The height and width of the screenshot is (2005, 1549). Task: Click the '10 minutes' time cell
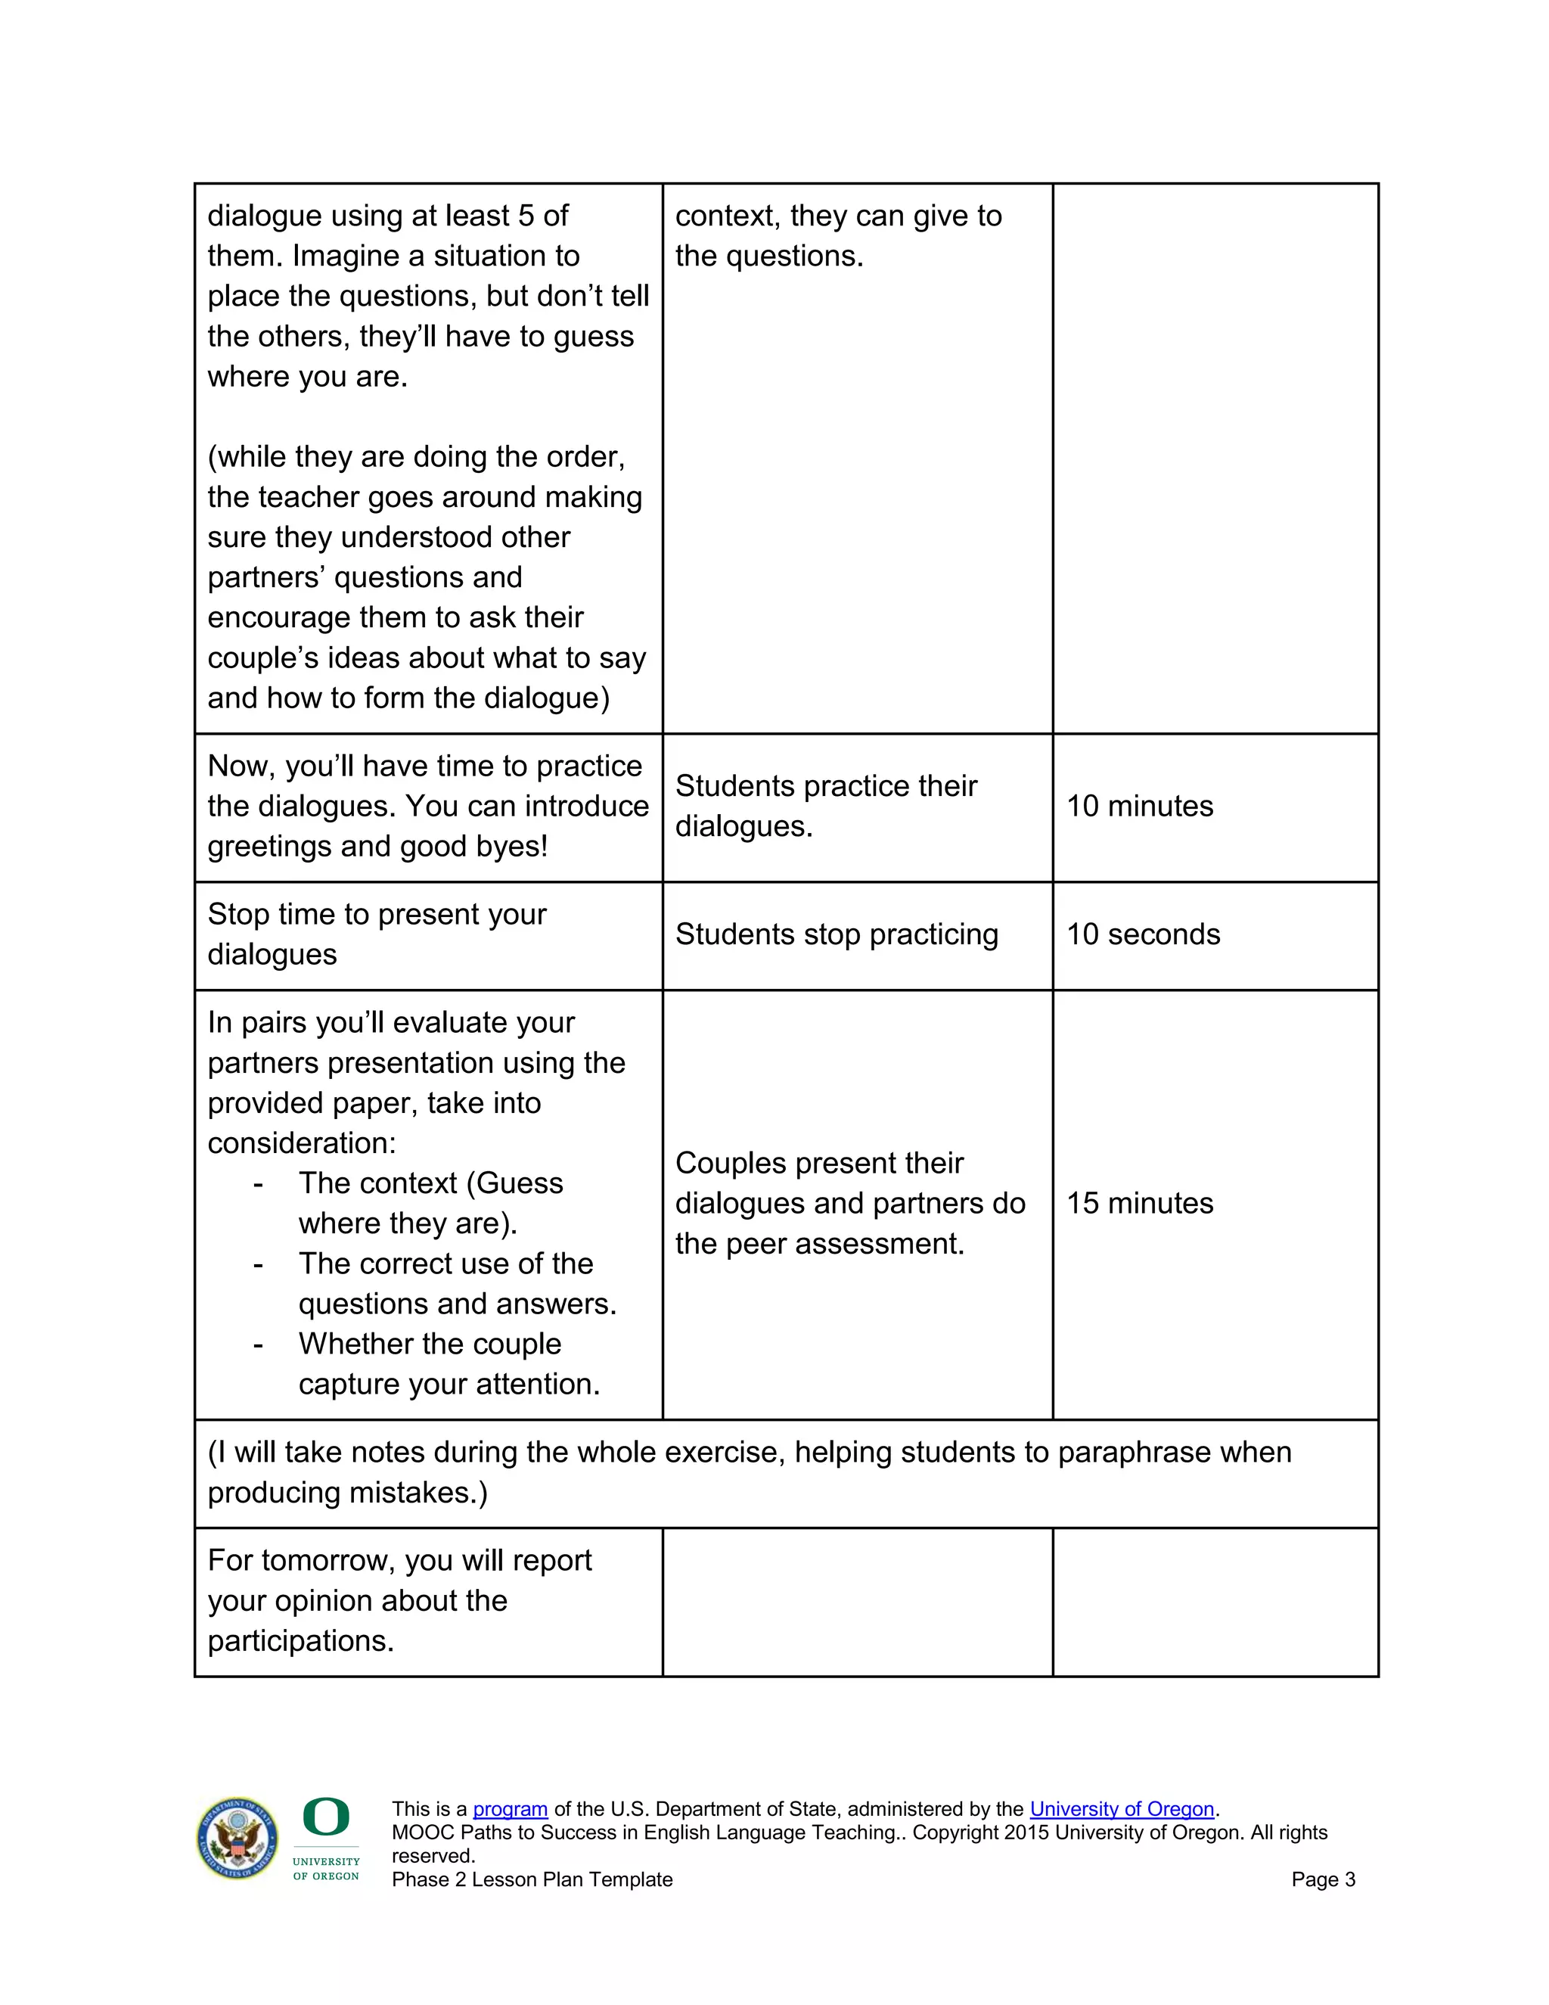click(1139, 806)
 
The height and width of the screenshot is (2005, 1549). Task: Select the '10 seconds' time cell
click(1143, 934)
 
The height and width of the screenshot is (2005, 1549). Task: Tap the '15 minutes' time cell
click(1139, 1204)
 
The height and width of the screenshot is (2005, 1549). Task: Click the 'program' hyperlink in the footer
click(511, 1808)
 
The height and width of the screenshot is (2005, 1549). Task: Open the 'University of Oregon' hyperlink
click(1122, 1808)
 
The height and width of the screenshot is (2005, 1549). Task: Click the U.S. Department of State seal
click(237, 1838)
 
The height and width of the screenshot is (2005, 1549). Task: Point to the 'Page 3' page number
click(1322, 1879)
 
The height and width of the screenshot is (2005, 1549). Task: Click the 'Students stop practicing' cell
click(836, 934)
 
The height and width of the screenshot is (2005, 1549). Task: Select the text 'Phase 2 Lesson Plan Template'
click(532, 1879)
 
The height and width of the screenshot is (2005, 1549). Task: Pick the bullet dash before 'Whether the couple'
click(258, 1344)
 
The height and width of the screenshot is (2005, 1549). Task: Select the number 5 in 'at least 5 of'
click(526, 216)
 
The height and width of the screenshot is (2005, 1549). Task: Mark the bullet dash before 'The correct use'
click(258, 1264)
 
